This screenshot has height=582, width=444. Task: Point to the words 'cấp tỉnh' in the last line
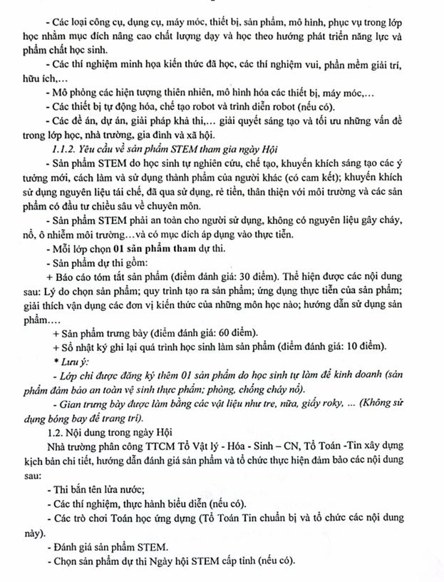point(240,561)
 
